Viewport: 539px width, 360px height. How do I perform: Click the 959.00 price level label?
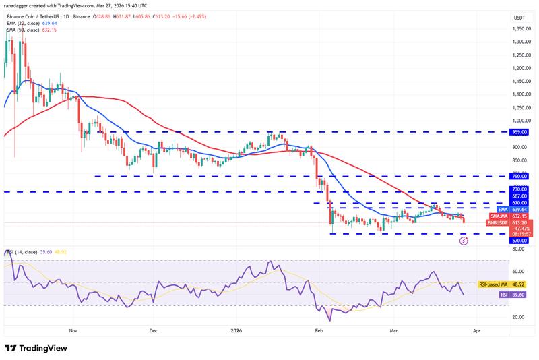click(520, 133)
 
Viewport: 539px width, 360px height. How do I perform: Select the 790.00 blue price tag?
click(520, 176)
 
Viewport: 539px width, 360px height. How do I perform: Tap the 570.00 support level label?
click(520, 240)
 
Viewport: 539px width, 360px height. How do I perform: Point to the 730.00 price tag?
click(520, 191)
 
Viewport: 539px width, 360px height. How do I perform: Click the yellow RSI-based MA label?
click(493, 285)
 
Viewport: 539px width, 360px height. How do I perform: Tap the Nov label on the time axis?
click(74, 331)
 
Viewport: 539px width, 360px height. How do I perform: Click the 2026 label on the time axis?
click(235, 331)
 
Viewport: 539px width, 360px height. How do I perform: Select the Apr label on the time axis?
click(476, 331)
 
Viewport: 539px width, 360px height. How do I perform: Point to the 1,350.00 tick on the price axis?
click(519, 29)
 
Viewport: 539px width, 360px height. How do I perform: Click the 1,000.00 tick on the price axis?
click(519, 121)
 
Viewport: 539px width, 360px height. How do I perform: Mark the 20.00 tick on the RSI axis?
click(519, 316)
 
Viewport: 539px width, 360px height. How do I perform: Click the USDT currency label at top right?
click(519, 18)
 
